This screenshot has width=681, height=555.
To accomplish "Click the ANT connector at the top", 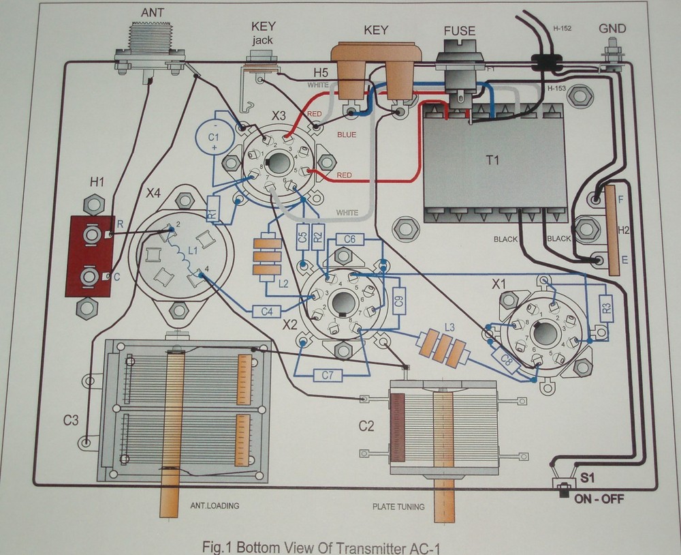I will (x=151, y=47).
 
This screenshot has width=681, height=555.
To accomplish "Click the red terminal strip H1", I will (x=89, y=256).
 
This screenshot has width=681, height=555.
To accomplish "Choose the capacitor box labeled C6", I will (x=350, y=239).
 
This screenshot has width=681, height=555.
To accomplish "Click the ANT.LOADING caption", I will (x=214, y=505).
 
